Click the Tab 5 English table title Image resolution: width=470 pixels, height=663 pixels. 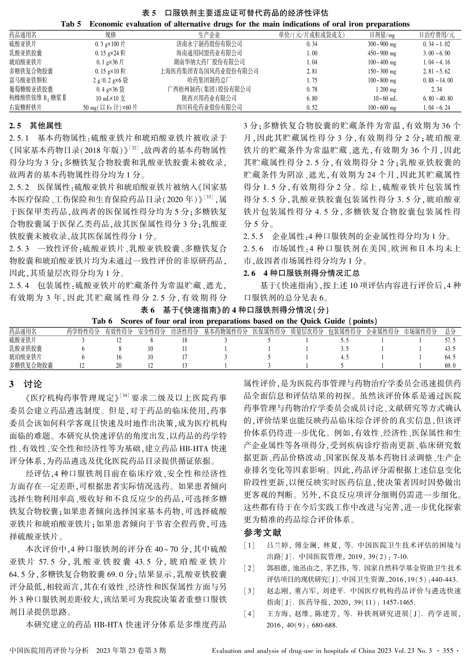(235, 24)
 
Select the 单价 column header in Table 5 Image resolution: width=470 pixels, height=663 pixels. (312, 35)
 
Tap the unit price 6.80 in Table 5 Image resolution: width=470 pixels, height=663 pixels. (312, 98)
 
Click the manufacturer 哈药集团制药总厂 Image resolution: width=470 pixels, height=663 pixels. (209, 80)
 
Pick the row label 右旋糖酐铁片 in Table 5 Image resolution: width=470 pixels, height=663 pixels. (26, 107)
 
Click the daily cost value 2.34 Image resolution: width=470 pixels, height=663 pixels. (437, 90)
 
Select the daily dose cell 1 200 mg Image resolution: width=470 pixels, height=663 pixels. (386, 90)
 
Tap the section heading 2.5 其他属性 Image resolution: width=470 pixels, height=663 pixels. (36, 125)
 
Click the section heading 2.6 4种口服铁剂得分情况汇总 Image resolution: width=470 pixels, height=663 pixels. (301, 273)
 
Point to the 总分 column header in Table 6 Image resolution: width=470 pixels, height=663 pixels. (450, 331)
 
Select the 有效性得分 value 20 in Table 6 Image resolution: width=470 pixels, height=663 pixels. (119, 366)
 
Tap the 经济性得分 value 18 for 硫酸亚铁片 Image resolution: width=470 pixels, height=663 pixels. (185, 340)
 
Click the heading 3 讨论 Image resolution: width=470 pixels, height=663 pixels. (26, 384)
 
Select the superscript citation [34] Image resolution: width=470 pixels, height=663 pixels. (124, 396)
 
